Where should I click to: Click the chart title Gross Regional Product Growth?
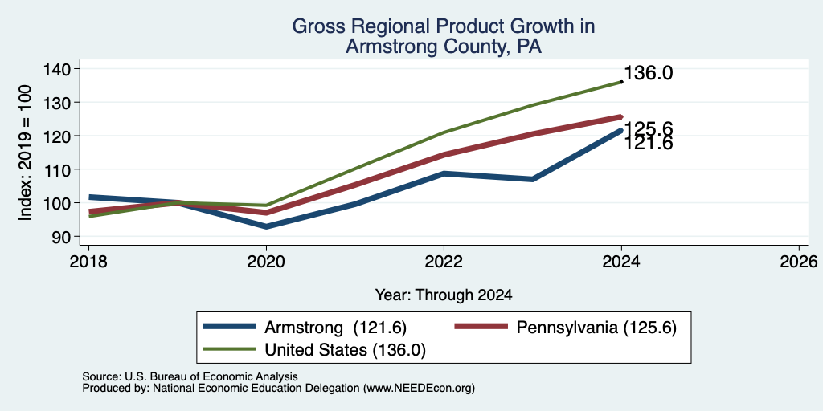(x=444, y=26)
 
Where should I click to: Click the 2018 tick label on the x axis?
(x=88, y=261)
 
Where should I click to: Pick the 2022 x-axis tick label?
(x=444, y=261)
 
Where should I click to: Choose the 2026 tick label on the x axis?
(x=799, y=261)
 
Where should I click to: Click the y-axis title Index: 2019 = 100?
(x=25, y=153)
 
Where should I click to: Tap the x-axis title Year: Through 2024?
(x=444, y=295)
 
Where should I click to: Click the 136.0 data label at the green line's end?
(x=649, y=73)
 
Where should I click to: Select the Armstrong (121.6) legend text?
(x=335, y=328)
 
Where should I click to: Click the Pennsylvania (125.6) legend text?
(x=596, y=328)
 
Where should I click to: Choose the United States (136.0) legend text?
(x=345, y=350)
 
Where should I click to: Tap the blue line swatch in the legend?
(x=230, y=327)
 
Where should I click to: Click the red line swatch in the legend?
(x=481, y=327)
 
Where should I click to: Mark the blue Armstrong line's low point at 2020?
(x=267, y=226)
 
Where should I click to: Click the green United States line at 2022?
(x=444, y=132)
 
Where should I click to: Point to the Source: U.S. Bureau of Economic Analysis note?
(x=190, y=376)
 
